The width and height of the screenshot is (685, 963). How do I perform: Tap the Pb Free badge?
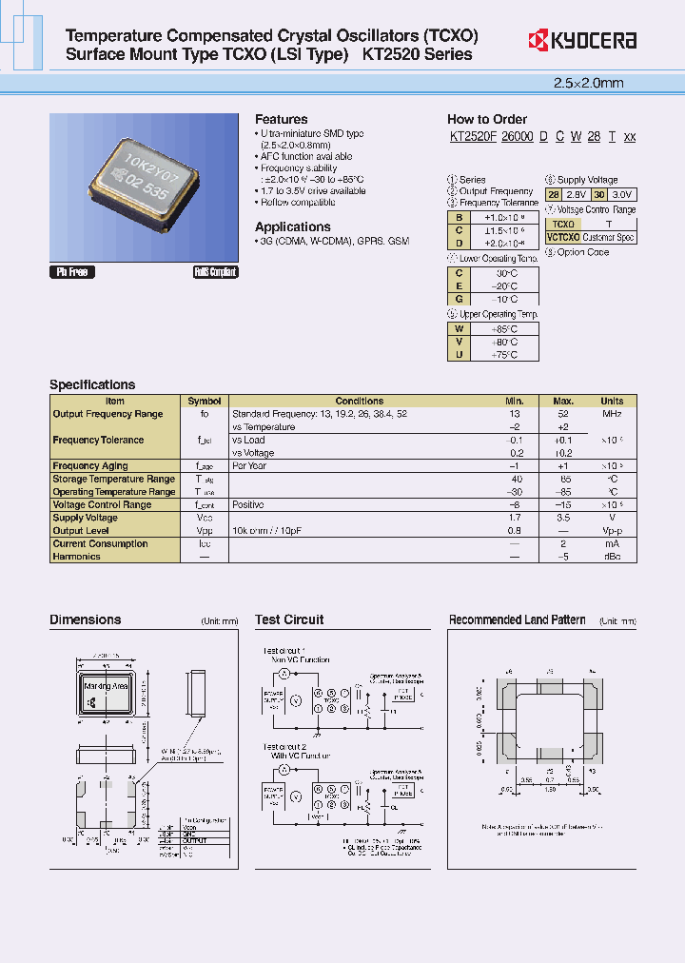(71, 272)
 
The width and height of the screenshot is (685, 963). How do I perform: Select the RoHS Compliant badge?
(215, 272)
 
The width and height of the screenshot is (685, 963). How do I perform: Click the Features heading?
(281, 119)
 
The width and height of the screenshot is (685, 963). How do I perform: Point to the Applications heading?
(293, 226)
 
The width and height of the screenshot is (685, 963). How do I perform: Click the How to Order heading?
(487, 119)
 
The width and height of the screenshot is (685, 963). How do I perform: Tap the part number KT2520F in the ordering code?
(472, 137)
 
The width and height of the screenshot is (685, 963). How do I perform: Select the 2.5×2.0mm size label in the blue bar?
(588, 83)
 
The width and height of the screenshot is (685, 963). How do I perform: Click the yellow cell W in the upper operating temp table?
(460, 328)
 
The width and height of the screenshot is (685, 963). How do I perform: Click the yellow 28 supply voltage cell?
(554, 194)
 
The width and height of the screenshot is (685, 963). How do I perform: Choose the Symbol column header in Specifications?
(205, 402)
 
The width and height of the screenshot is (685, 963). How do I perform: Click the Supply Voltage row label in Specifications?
(86, 518)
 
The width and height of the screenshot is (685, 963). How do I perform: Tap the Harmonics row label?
(76, 557)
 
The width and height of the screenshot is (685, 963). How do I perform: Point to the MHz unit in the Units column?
(612, 414)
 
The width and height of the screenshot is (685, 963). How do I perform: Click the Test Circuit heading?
(289, 619)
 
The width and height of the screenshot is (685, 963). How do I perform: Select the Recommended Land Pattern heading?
(517, 619)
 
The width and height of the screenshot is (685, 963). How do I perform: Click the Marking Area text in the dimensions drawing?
(106, 685)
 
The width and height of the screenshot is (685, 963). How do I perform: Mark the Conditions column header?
(360, 402)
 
